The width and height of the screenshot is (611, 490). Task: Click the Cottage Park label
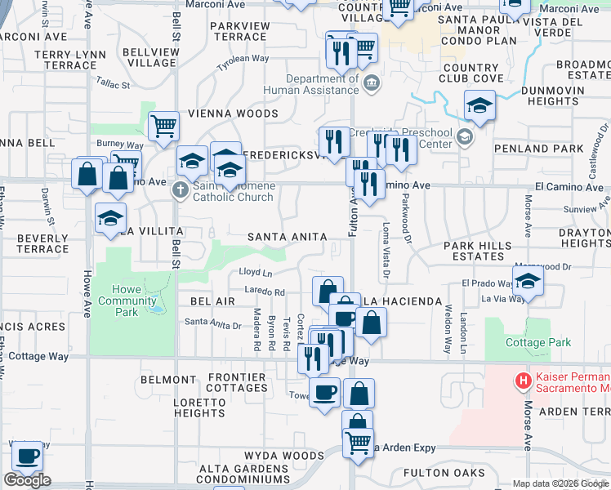tap(538, 342)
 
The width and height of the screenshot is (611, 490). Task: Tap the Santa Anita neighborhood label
tap(288, 237)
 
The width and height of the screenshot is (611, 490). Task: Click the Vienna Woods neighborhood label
tap(234, 114)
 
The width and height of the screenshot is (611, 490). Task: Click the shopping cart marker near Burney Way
tap(164, 127)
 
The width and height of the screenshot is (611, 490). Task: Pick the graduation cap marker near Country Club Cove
tap(479, 105)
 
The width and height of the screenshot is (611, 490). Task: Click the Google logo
tap(27, 480)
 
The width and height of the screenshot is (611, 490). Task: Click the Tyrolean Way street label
tap(243, 61)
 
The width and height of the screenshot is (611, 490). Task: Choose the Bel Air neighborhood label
tap(212, 301)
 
